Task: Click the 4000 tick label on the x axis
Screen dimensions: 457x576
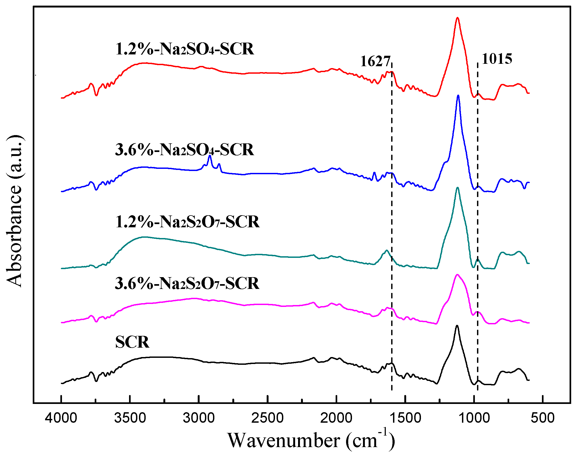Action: coord(61,418)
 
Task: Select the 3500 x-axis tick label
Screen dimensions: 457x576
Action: coord(130,418)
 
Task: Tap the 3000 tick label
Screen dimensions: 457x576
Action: coord(199,418)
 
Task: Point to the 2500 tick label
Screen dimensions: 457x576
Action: coord(267,418)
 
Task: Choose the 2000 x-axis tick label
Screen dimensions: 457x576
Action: coord(336,418)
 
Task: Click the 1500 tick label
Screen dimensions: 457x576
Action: coord(405,418)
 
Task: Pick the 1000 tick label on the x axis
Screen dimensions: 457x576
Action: coord(474,418)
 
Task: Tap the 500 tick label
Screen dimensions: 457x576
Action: coord(543,418)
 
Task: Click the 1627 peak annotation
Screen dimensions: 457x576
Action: coord(375,61)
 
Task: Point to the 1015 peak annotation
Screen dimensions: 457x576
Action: coord(497,59)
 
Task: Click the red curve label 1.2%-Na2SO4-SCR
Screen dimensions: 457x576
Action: coord(185,49)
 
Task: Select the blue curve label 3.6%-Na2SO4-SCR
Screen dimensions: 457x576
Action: coord(185,150)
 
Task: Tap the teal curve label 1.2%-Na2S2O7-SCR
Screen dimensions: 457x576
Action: coord(187,222)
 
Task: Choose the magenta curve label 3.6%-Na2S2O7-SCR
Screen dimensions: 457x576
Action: coord(187,283)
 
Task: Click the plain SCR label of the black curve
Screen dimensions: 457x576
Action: coord(132,342)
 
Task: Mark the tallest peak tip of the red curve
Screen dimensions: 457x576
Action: coord(457,18)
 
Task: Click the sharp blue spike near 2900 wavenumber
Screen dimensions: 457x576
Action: coord(210,156)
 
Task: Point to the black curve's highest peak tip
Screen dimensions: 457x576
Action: coord(457,326)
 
